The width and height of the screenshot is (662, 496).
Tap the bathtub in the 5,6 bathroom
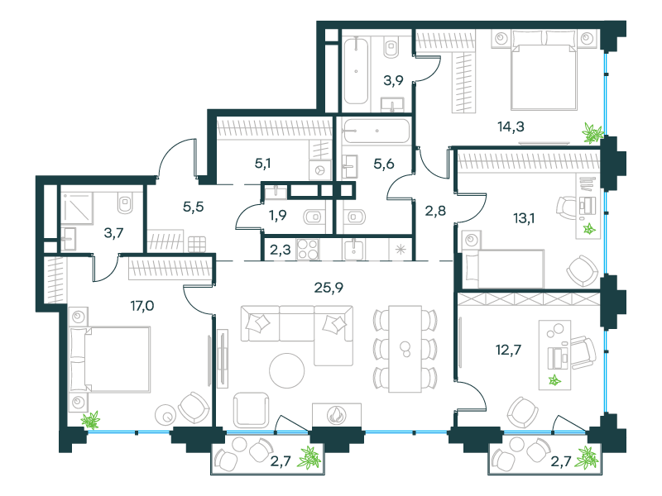tap(377, 131)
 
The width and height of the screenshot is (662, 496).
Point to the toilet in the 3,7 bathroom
tap(126, 202)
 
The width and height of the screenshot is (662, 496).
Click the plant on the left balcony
tap(310, 457)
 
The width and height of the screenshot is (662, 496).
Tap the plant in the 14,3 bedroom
tap(592, 131)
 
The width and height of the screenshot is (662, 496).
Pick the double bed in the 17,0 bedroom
tap(109, 359)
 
